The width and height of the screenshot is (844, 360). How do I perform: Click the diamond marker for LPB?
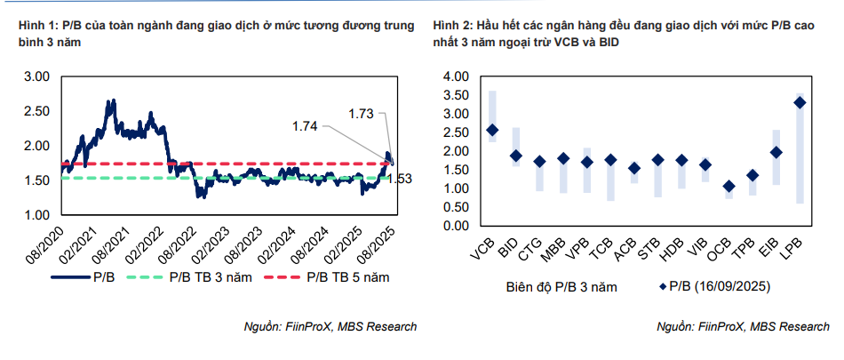[800, 102]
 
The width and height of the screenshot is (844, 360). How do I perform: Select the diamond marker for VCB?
[492, 130]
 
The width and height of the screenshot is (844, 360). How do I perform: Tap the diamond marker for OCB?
[729, 186]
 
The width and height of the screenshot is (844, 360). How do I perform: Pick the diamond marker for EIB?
[776, 152]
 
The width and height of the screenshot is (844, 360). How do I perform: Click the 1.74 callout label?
[304, 127]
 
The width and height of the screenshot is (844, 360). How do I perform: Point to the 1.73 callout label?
[361, 113]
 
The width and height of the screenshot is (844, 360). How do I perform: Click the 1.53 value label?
[400, 179]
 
